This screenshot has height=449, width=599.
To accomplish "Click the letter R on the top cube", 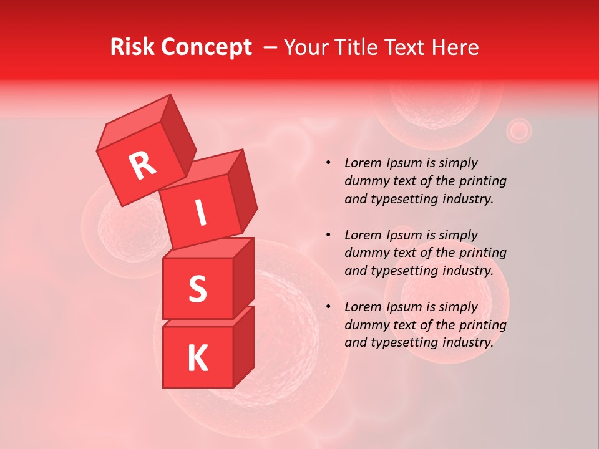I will pyautogui.click(x=142, y=167).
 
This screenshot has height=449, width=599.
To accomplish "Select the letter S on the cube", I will pyautogui.click(x=198, y=289).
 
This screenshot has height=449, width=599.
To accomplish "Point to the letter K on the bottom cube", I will pyautogui.click(x=198, y=358).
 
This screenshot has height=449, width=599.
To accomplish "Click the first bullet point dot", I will pyautogui.click(x=328, y=163).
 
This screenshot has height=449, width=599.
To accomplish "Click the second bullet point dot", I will pyautogui.click(x=328, y=235).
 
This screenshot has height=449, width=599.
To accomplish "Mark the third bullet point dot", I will pyautogui.click(x=328, y=307).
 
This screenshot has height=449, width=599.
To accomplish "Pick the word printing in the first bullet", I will pyautogui.click(x=482, y=181).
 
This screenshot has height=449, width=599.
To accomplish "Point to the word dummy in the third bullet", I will pyautogui.click(x=365, y=325).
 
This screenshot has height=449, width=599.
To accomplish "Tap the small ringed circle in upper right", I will pyautogui.click(x=518, y=130).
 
